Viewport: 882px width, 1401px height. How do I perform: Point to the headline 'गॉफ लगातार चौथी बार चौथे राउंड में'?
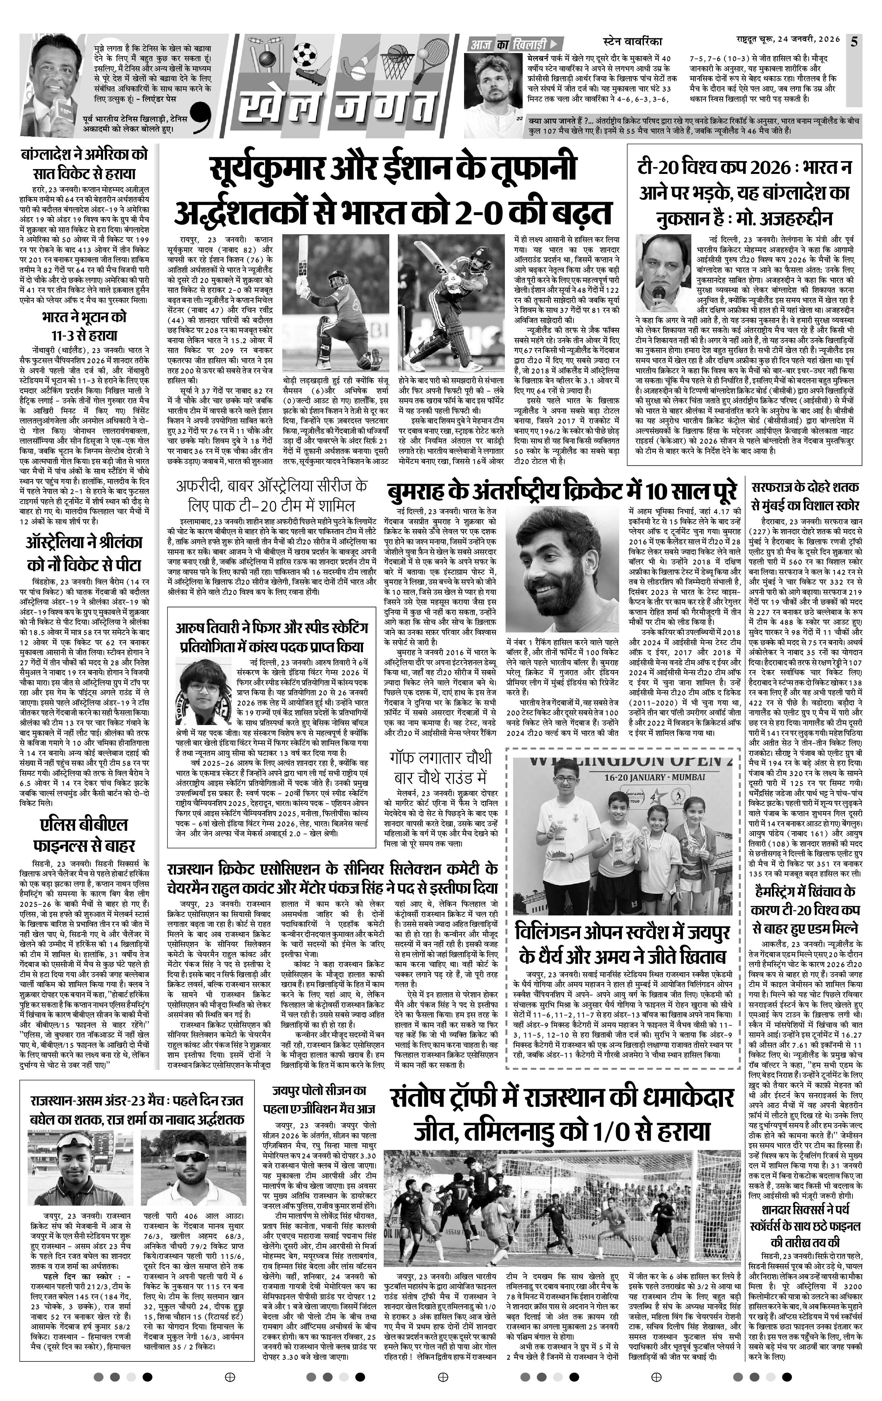point(441,768)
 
